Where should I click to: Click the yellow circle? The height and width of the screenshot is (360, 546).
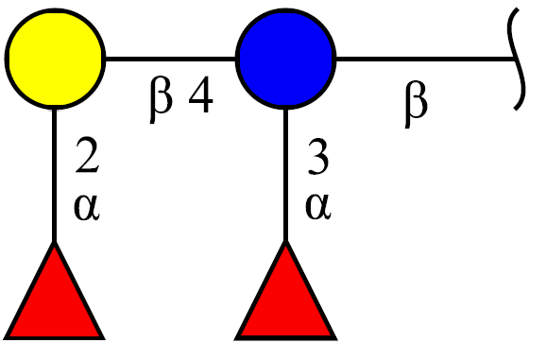click(x=55, y=59)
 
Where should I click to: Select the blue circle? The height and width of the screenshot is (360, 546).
click(x=285, y=59)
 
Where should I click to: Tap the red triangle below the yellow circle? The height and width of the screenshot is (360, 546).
click(x=55, y=290)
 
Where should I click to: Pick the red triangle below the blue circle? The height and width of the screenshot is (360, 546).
click(x=285, y=290)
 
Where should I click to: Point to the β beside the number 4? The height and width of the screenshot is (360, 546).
click(x=161, y=99)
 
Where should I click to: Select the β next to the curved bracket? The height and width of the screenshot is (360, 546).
click(x=416, y=104)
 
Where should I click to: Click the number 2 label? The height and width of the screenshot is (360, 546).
click(x=87, y=155)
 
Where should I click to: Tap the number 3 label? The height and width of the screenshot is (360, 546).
click(x=318, y=156)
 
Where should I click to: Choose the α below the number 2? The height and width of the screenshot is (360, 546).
click(x=87, y=207)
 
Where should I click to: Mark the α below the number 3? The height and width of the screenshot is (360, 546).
click(x=318, y=207)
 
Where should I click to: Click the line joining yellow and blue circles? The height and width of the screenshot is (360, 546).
click(x=171, y=59)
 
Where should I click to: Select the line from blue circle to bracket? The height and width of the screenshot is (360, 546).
click(x=425, y=59)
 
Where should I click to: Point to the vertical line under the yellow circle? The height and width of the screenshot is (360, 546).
click(x=55, y=175)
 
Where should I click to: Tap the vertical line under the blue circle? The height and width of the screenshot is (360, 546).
click(x=285, y=175)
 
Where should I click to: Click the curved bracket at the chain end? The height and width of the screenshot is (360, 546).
click(x=518, y=59)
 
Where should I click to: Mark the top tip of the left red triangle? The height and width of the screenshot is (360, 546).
click(x=55, y=242)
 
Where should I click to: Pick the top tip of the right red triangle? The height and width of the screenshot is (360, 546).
click(x=285, y=242)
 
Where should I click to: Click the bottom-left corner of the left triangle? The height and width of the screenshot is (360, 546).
click(x=4, y=338)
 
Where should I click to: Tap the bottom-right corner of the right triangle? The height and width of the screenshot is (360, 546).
click(x=336, y=339)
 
